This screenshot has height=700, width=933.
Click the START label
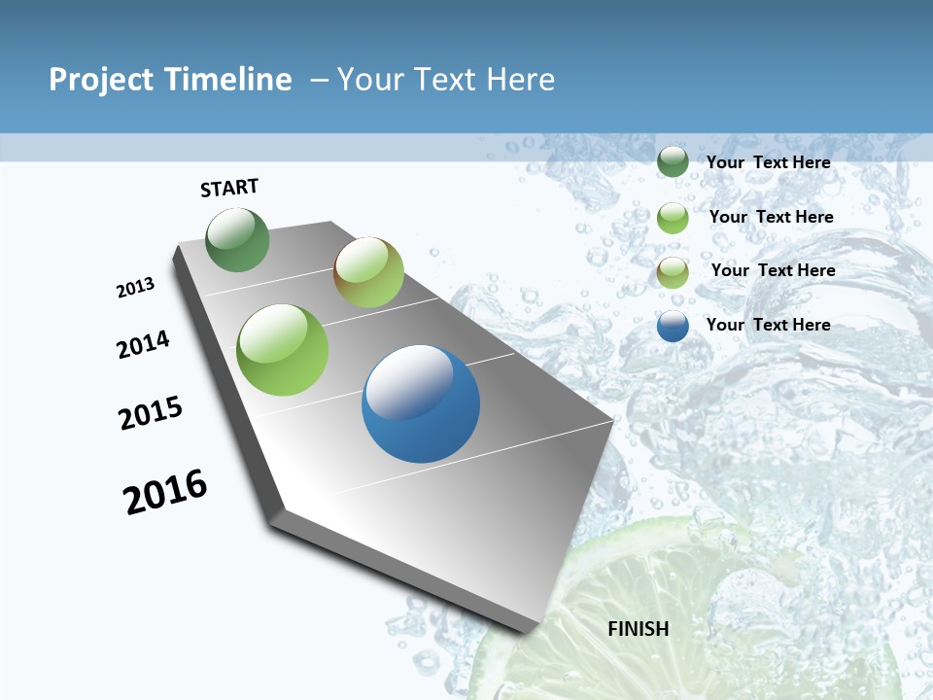click(x=229, y=188)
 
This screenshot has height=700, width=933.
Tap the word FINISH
click(x=639, y=629)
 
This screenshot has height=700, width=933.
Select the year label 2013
click(x=136, y=288)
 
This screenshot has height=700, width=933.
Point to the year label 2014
click(x=144, y=344)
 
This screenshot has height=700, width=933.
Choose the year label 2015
click(x=151, y=413)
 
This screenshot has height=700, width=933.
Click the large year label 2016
click(x=165, y=492)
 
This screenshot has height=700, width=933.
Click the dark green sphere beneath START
click(x=238, y=240)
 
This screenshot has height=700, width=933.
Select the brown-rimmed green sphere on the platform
click(x=368, y=272)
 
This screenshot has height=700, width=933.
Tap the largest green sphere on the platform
click(x=283, y=350)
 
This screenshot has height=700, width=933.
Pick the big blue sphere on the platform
click(x=421, y=403)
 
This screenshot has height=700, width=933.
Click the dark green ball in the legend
click(x=673, y=162)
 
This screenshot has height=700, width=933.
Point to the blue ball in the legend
click(x=673, y=326)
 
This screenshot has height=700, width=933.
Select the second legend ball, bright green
click(x=673, y=218)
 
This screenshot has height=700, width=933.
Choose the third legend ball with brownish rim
click(x=673, y=272)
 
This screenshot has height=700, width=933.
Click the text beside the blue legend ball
click(x=769, y=325)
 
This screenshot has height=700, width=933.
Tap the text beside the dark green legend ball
click(x=769, y=162)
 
